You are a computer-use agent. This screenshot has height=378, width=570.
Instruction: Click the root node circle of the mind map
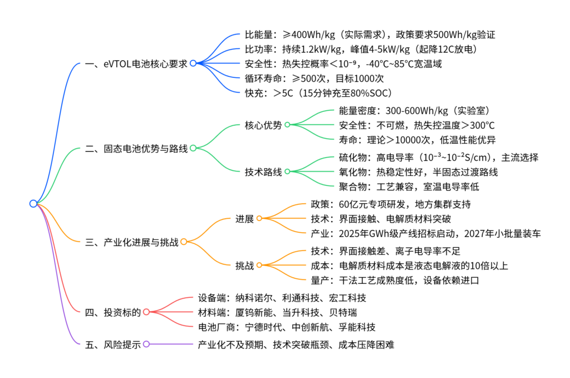coord(33,204)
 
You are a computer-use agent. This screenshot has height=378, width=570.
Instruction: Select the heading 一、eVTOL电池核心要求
coord(137,63)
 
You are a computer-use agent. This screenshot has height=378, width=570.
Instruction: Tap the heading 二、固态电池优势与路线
coord(137,149)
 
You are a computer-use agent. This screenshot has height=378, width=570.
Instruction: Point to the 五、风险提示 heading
coord(113,345)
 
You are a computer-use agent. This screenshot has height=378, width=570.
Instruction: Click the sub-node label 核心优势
coord(263,125)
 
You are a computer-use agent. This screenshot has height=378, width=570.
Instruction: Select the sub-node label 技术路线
coord(263,171)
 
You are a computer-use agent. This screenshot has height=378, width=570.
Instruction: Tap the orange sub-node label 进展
coord(244,219)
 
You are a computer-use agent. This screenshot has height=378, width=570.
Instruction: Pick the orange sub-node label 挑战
coord(244,266)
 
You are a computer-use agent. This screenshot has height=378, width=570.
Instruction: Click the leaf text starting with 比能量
coord(370,35)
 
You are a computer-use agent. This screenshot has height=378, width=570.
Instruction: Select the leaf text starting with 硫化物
coord(439,158)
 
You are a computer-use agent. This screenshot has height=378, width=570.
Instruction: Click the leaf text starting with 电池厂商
coord(287,327)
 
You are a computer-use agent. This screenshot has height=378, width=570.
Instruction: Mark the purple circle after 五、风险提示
coord(146,345)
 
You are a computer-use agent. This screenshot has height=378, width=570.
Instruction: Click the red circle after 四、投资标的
coord(146,312)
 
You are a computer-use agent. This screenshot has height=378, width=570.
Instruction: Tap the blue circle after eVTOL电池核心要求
coord(193,63)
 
